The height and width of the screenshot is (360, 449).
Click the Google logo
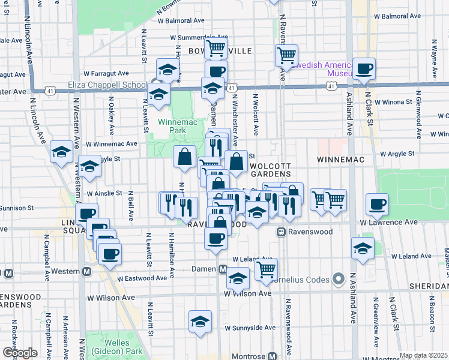pyautogui.click(x=19, y=353)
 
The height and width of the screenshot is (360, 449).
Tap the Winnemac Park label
pyautogui.click(x=172, y=125)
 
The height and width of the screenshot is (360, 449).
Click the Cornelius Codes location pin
pyautogui.click(x=339, y=279)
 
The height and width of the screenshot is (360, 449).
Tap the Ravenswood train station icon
pyautogui.click(x=280, y=232)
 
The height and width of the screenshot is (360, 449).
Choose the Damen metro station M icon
pyautogui.click(x=222, y=269)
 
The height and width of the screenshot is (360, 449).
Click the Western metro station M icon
pyautogui.click(x=86, y=271)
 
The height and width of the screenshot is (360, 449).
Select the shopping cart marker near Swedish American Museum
pyautogui.click(x=287, y=56)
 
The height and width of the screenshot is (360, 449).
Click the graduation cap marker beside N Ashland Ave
pyautogui.click(x=363, y=248)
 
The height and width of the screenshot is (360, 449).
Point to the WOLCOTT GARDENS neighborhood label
pyautogui.click(x=270, y=169)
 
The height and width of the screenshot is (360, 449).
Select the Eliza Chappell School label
pyautogui.click(x=107, y=85)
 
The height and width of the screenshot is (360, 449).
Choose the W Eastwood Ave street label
pyautogui.click(x=142, y=278)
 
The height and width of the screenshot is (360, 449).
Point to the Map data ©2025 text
pyautogui.click(x=423, y=355)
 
